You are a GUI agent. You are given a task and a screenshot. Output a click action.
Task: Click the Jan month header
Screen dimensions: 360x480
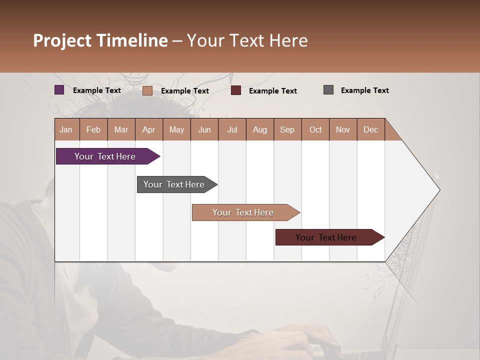pyautogui.click(x=66, y=129)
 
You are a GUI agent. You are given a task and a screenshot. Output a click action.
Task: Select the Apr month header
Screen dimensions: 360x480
pyautogui.click(x=148, y=129)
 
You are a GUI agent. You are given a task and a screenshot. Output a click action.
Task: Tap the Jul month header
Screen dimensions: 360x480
pyautogui.click(x=232, y=129)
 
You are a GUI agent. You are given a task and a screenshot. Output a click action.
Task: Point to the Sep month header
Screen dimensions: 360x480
pyautogui.click(x=287, y=129)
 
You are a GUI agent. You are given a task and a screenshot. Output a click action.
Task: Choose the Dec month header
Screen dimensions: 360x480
pyautogui.click(x=370, y=129)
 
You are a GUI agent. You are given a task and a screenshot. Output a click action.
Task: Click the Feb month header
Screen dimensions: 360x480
pyautogui.click(x=93, y=129)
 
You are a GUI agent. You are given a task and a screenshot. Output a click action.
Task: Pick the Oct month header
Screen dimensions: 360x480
pyautogui.click(x=315, y=129)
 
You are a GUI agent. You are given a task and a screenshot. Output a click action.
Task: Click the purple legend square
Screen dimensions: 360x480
pyautogui.click(x=59, y=90)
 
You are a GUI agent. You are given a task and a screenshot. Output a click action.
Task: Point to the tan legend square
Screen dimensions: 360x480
pyautogui.click(x=147, y=90)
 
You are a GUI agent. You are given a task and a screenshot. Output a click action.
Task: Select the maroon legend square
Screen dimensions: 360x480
pyautogui.click(x=236, y=90)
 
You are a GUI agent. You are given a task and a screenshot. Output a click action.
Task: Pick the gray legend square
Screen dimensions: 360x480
pyautogui.click(x=328, y=90)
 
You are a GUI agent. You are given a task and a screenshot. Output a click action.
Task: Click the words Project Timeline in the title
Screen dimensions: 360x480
pyautogui.click(x=100, y=40)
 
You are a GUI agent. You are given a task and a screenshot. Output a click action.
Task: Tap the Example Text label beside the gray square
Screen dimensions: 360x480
pyautogui.click(x=364, y=90)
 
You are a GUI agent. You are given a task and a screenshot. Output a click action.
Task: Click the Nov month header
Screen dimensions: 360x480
pyautogui.click(x=343, y=129)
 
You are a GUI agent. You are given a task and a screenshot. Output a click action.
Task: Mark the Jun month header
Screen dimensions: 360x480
pyautogui.click(x=204, y=129)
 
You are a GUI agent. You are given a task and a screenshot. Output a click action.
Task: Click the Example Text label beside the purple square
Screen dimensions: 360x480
pyautogui.click(x=97, y=90)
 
